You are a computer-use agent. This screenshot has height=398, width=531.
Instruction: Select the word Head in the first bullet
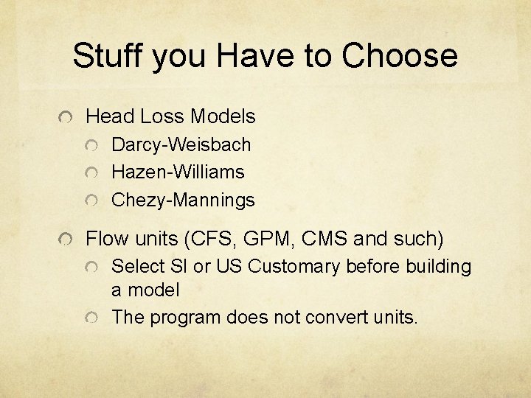(x=110, y=116)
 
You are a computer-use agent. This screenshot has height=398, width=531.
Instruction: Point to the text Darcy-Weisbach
(x=181, y=144)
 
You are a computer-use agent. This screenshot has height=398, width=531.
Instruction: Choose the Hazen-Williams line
(x=177, y=172)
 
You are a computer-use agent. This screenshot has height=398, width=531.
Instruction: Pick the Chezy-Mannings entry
(x=183, y=200)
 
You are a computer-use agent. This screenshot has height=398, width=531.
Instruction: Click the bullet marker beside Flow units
(x=67, y=240)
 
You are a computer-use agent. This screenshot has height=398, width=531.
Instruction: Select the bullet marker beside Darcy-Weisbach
(x=91, y=146)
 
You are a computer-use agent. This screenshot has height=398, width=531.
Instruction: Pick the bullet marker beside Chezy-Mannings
(x=91, y=201)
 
